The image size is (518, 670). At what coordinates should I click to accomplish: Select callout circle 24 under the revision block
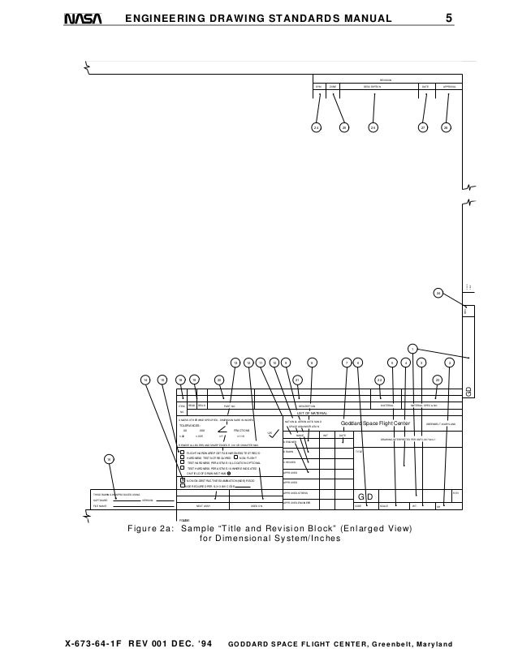click(x=316, y=127)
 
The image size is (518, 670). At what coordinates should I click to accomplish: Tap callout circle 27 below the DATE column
click(x=422, y=127)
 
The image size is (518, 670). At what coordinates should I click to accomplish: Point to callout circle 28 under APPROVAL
click(x=446, y=127)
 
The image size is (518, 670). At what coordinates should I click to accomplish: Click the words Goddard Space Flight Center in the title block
click(x=377, y=423)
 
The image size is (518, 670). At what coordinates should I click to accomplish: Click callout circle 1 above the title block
click(x=412, y=349)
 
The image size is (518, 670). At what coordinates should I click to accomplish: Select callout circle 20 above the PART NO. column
click(x=219, y=379)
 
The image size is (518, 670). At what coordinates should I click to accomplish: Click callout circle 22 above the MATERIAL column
click(x=378, y=379)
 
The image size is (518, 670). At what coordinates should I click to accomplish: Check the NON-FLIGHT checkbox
click(x=235, y=457)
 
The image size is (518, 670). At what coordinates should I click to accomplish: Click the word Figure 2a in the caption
click(x=152, y=529)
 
